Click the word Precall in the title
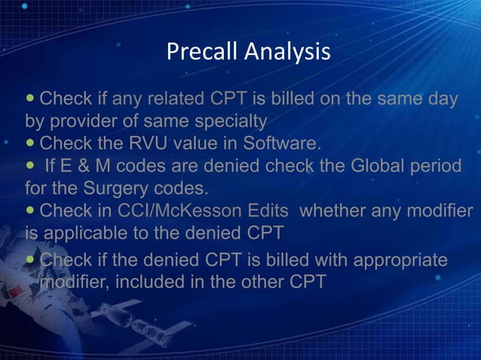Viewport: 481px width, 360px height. (200, 52)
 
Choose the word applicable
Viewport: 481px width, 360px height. (93, 231)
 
